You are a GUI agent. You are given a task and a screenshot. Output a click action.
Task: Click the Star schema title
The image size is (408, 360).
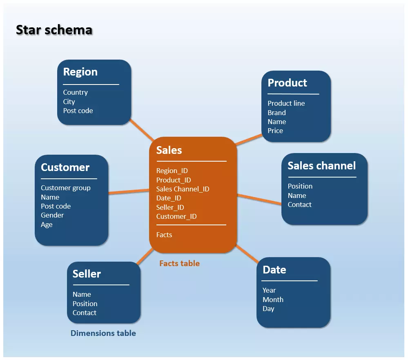point(54,30)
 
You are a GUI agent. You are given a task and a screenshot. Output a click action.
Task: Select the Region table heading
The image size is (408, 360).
point(80,72)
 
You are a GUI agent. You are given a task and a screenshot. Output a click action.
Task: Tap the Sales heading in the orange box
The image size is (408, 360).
point(169,150)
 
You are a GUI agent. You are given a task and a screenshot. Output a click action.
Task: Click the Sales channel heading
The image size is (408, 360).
point(321,165)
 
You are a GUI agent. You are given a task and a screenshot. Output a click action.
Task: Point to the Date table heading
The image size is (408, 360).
point(274,269)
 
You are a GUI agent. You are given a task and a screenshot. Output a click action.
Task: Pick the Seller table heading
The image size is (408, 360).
point(87,273)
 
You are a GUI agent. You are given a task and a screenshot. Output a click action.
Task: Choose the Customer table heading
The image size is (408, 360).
point(65,167)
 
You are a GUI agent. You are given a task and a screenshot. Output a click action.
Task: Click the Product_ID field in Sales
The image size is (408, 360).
point(174,180)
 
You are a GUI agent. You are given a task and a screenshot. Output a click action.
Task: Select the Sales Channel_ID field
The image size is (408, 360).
point(183,189)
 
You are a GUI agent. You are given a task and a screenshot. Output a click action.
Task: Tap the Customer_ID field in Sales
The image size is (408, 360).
point(176,216)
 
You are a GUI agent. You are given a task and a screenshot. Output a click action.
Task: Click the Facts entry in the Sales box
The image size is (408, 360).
point(164,235)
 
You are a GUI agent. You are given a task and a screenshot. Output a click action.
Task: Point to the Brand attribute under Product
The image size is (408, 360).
point(276,113)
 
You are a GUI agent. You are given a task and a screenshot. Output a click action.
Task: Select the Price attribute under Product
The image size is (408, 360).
point(275,131)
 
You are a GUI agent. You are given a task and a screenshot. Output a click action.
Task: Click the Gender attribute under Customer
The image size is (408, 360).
point(52,215)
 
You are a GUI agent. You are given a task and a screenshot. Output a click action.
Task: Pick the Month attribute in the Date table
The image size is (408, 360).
point(273,300)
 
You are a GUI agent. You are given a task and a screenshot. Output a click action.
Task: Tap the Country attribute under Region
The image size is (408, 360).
point(75,92)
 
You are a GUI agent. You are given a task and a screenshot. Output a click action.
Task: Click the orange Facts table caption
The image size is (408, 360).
point(179,263)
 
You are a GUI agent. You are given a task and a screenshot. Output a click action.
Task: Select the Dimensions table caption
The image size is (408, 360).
point(103,333)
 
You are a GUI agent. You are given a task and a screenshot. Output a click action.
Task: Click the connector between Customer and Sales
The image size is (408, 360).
point(129,191)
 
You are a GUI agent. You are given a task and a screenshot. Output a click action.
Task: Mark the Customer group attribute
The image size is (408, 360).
point(66,188)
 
